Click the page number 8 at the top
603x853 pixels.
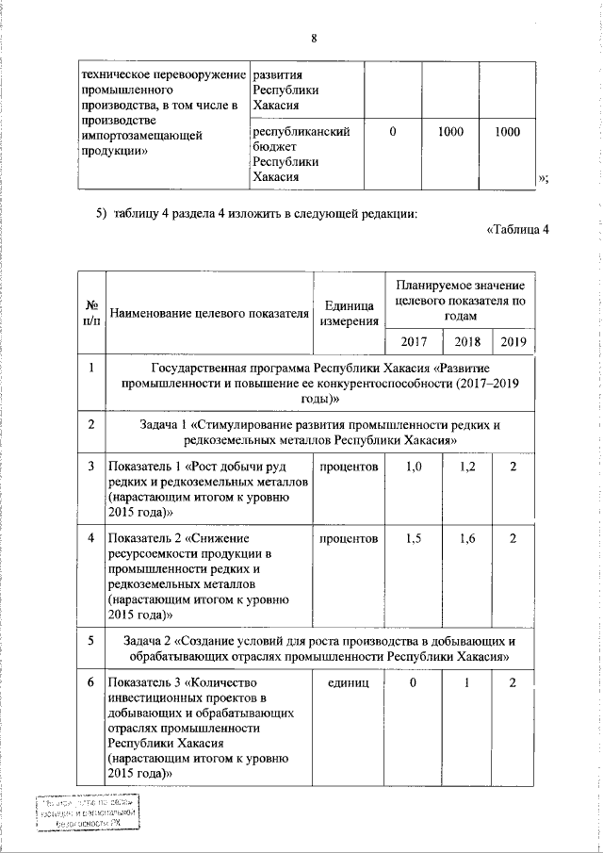(x=315, y=39)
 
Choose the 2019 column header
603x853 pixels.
(x=513, y=340)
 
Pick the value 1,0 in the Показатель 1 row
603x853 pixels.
(x=413, y=467)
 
